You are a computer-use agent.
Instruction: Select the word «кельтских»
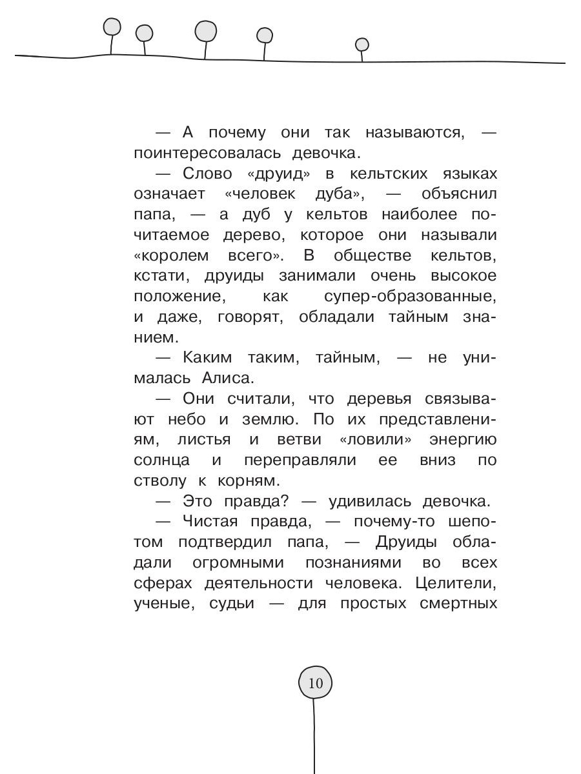(x=388, y=174)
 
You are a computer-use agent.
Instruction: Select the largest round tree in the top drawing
(x=206, y=30)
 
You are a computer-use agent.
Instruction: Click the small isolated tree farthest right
(x=362, y=45)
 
